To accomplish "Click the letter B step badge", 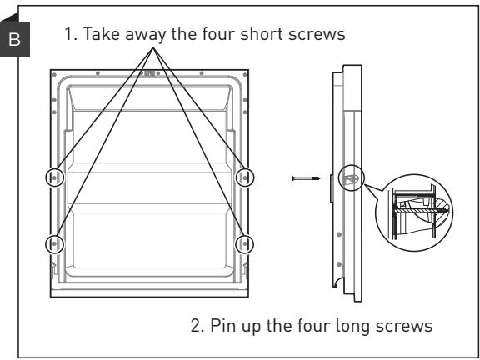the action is pos(14,39).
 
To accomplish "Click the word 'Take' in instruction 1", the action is pos(102,33).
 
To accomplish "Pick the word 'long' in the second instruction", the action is pos(352,327).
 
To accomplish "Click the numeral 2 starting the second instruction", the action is pos(196,325).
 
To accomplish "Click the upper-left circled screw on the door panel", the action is pos(54,177).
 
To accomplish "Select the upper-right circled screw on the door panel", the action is pos(245,177).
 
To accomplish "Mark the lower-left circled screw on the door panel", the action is pos(54,244).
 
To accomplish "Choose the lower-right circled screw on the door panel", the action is pos(245,244).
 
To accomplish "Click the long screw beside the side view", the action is pos(306,178).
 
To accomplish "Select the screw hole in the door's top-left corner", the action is pos(54,75).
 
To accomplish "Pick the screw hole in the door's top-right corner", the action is pos(245,75).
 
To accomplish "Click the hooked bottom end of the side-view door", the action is pos(337,284).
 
